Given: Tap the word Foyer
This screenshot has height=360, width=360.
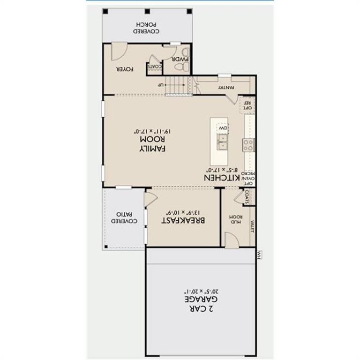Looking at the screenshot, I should [126, 69].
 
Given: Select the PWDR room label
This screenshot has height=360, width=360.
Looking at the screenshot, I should [180, 59].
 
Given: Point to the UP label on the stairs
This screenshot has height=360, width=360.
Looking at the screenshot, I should [161, 85].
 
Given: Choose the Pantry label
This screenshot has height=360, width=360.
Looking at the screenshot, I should [225, 87].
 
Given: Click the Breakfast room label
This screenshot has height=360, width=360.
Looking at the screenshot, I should [184, 220].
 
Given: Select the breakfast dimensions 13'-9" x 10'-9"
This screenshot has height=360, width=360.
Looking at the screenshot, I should [184, 209].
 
